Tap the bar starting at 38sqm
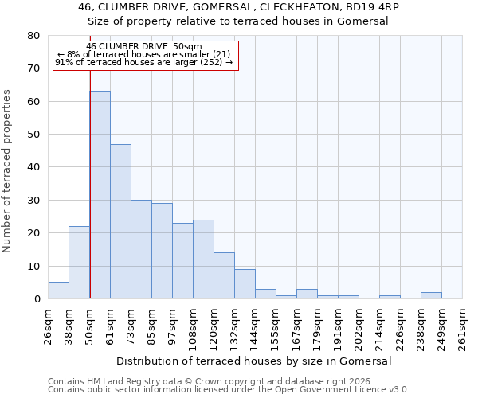(x=79, y=263)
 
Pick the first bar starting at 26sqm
(x=58, y=291)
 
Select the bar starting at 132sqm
(x=245, y=284)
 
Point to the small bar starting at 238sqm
(x=431, y=295)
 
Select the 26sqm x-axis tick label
(x=48, y=328)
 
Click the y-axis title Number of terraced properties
(x=7, y=171)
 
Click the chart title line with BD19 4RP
(x=239, y=7)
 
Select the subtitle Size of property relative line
(x=239, y=21)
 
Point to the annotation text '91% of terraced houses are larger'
(x=143, y=62)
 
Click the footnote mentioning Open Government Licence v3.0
(x=229, y=390)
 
